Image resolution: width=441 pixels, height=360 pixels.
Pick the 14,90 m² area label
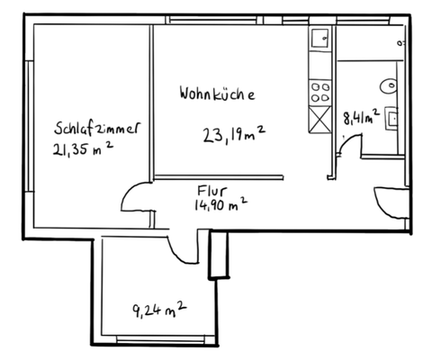pos(220,206)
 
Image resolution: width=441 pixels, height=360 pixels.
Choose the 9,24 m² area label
pos(159,310)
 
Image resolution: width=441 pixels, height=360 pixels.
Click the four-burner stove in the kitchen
pos(319,89)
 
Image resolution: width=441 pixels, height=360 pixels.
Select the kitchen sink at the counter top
pos(319,39)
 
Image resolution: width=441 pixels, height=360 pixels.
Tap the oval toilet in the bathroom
pos(390,85)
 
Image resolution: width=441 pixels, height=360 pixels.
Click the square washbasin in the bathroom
pos(393,116)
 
